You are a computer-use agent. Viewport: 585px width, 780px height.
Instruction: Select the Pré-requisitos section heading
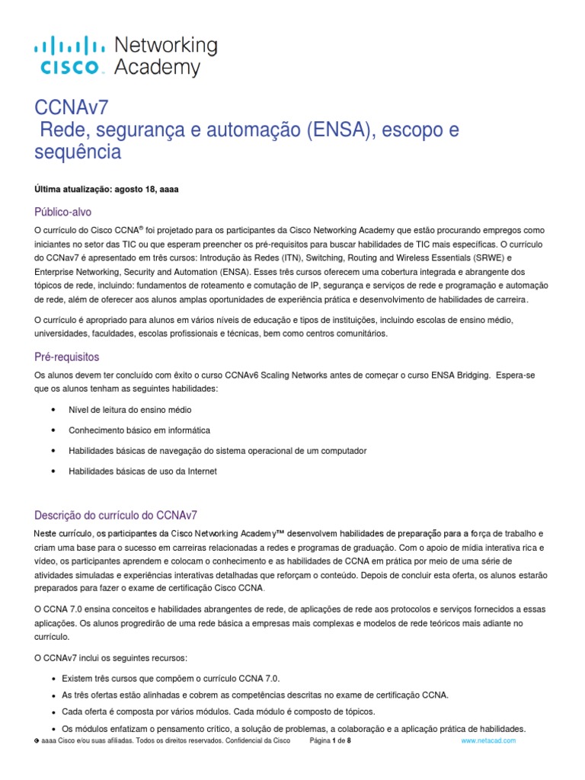pos(67,356)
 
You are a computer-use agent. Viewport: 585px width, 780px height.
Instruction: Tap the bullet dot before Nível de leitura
pos(53,410)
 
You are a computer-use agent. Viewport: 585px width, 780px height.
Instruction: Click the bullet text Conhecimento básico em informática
pos(139,430)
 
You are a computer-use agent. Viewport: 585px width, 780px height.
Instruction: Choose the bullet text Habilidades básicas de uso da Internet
pos(142,472)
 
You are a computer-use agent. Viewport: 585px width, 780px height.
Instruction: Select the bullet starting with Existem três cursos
pos(165,678)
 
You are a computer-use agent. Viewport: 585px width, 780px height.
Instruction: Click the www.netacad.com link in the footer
pos(488,740)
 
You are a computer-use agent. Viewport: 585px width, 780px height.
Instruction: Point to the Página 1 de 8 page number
pos(330,740)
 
